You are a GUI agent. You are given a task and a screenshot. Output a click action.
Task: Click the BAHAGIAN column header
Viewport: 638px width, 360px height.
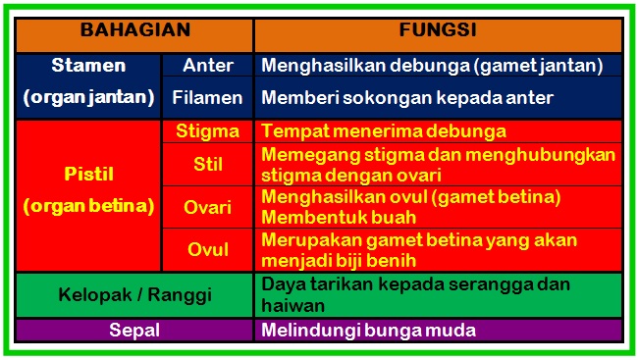[x=134, y=30]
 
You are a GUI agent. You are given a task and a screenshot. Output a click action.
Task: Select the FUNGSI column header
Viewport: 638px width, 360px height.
[x=438, y=30]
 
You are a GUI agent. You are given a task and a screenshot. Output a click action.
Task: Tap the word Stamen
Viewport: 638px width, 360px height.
[x=89, y=66]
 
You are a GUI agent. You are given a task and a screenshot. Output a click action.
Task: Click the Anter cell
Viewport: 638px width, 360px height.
[x=208, y=66]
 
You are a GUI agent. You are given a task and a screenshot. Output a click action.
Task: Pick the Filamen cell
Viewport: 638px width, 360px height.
[x=208, y=98]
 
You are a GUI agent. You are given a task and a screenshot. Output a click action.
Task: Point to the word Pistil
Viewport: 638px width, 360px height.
[x=89, y=174]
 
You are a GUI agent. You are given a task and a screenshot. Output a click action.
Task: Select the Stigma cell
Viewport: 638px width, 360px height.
[x=207, y=130]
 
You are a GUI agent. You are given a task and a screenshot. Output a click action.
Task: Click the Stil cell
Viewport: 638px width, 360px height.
[x=207, y=164]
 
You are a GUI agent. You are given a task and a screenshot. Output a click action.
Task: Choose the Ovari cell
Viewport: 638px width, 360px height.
[x=207, y=207]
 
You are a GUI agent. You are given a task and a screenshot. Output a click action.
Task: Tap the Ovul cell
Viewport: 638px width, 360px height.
[x=207, y=249]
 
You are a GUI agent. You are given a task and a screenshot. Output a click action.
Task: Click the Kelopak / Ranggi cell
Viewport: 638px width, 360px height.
[x=134, y=294]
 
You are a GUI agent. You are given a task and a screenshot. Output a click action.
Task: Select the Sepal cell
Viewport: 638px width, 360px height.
[x=134, y=331]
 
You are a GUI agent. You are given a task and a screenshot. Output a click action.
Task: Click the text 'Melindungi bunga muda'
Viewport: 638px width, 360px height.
[x=368, y=331]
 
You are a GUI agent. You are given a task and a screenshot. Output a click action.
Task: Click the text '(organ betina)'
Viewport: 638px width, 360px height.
[x=89, y=207]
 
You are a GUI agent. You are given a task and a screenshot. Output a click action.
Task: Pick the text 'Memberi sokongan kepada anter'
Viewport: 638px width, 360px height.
[x=406, y=98]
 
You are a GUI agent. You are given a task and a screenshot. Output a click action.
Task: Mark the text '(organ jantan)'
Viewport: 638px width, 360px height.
[x=89, y=98]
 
